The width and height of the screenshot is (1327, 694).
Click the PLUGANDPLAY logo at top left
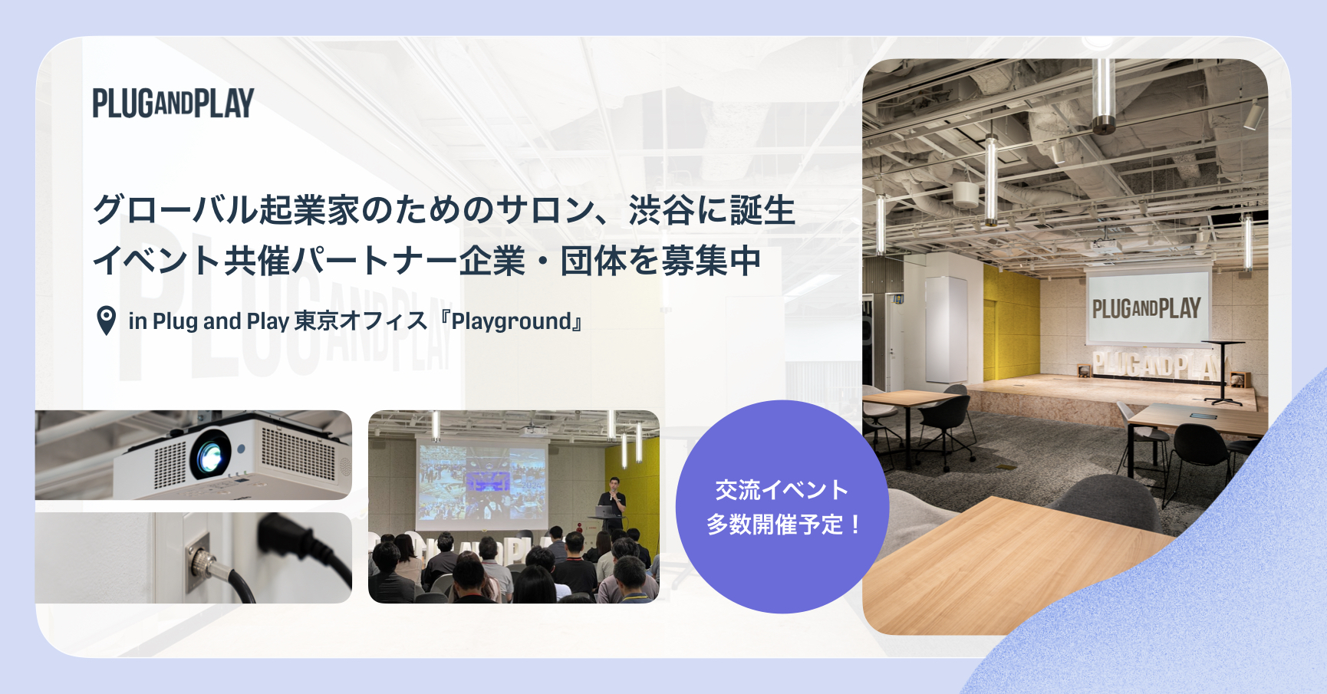(x=173, y=104)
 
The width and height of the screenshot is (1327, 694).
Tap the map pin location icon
(x=107, y=321)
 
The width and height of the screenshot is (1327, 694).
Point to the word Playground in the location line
(x=512, y=321)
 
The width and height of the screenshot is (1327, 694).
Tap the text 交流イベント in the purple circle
(x=782, y=489)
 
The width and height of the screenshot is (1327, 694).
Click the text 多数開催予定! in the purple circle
(x=783, y=525)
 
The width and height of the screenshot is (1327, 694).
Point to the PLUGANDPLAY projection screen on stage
(x=1148, y=307)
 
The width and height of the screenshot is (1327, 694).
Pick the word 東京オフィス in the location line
(x=361, y=321)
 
